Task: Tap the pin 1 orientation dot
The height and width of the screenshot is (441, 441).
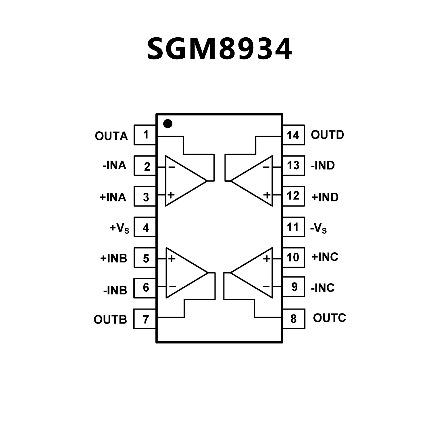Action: click(167, 124)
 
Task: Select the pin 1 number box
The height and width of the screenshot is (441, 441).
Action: click(145, 135)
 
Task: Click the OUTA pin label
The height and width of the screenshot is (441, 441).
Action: click(111, 136)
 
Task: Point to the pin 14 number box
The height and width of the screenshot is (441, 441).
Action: click(293, 135)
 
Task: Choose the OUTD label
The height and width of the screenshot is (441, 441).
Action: click(327, 135)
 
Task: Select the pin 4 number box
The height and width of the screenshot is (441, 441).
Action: click(145, 227)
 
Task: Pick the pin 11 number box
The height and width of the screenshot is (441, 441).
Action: click(293, 227)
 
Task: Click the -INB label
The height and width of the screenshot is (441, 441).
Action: click(115, 290)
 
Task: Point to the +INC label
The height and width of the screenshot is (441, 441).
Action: click(325, 257)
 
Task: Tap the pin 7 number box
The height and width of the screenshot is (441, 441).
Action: click(145, 319)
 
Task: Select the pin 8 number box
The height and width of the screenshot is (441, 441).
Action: click(294, 319)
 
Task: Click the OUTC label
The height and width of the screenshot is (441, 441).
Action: click(329, 318)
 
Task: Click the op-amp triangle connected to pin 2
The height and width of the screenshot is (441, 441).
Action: click(182, 181)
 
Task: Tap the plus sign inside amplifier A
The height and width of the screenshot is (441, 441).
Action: click(171, 195)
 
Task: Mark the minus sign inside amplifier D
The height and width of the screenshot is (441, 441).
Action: click(266, 167)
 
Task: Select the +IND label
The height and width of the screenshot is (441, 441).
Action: click(325, 197)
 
